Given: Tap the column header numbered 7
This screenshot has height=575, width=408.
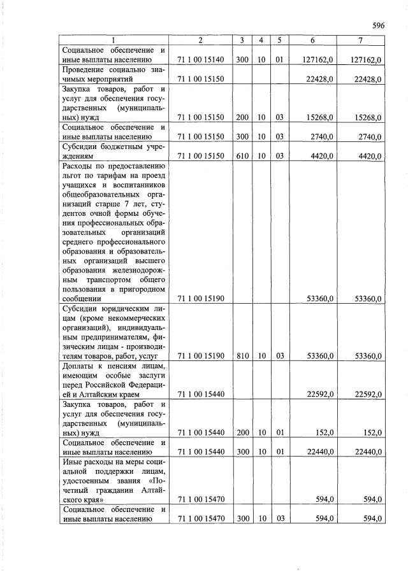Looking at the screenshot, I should [360, 41].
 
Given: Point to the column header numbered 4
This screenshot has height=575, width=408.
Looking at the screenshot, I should [261, 41].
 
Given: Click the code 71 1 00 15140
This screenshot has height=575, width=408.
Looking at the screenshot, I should [200, 60].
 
